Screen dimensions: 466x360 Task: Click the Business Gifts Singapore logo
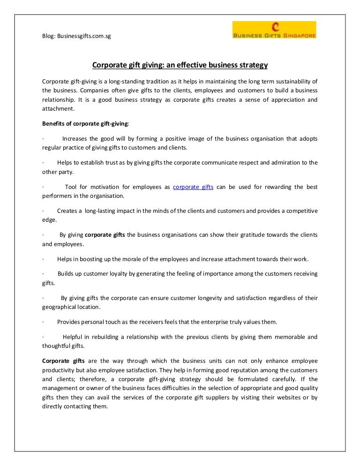click(274, 30)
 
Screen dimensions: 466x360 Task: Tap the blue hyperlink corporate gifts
click(193, 187)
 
